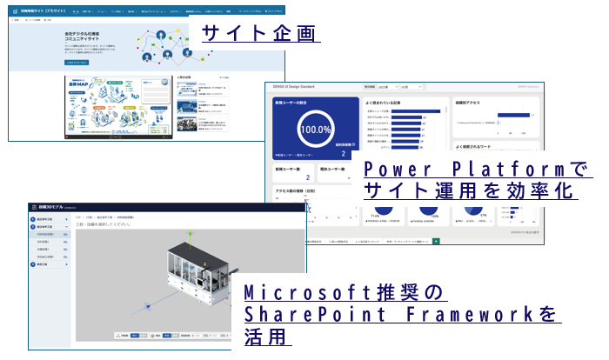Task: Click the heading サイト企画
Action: [x=259, y=33]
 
